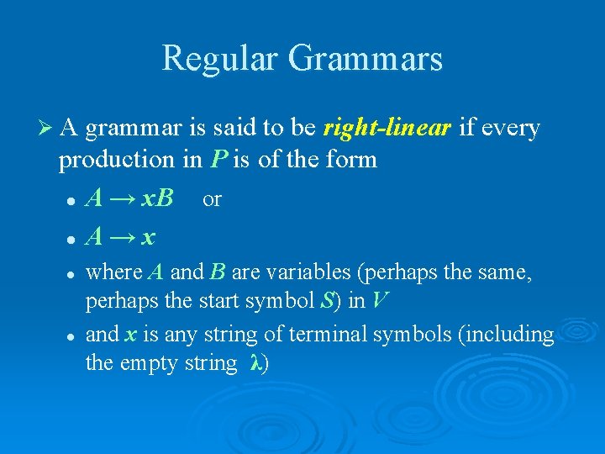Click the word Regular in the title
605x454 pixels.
[219, 59]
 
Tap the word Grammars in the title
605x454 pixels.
[365, 59]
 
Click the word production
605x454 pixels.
[106, 160]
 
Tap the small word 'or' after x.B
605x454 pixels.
[212, 199]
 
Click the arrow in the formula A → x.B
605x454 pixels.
[122, 199]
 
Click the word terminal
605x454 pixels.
[329, 335]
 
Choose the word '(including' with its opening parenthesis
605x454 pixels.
[508, 335]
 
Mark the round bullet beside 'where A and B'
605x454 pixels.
[73, 273]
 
